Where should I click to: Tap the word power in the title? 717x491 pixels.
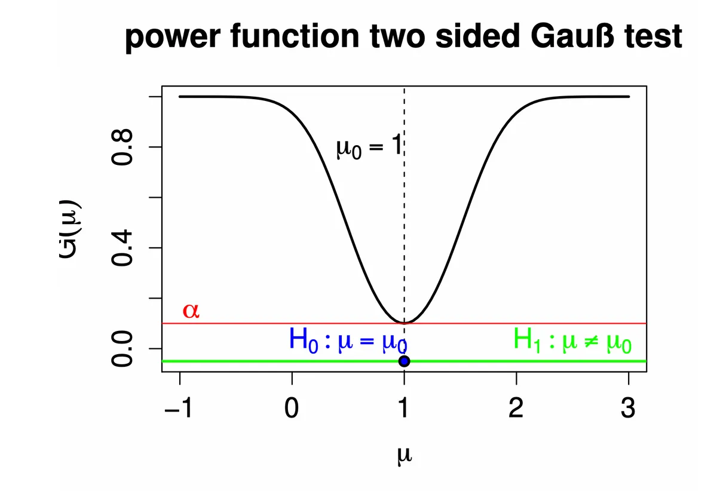coord(173,39)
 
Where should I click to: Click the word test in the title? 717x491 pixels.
coord(653,36)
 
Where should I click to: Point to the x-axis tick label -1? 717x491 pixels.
coord(178,408)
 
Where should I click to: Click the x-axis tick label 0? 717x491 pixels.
coord(292,408)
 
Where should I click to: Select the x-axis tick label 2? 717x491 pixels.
coord(516,408)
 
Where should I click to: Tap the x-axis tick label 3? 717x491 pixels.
coord(628,408)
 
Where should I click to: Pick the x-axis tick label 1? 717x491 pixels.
coord(404,408)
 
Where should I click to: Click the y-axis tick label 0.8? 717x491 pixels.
coord(122,147)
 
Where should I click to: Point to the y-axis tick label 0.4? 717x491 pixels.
coord(122,248)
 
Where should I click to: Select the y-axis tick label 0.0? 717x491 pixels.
coord(122,349)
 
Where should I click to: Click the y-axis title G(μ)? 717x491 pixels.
coord(70,229)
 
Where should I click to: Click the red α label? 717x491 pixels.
coord(191,310)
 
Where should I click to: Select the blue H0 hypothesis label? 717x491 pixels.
coord(348,340)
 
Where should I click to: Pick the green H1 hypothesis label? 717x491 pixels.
coord(572,340)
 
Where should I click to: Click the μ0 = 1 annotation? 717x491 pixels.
coord(369,146)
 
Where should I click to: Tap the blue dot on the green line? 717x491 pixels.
coord(405,361)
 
